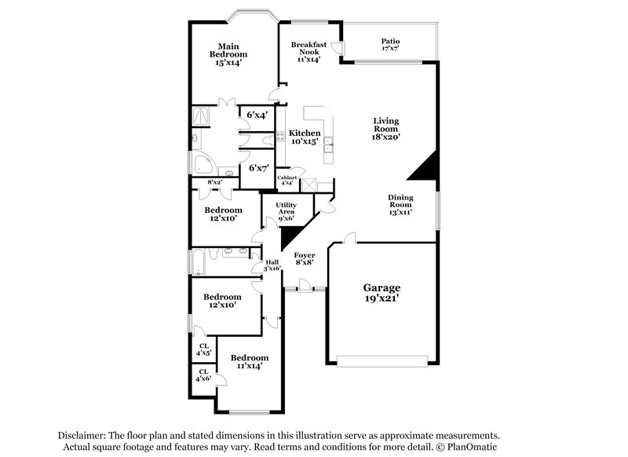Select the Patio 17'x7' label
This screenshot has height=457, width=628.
tap(390, 46)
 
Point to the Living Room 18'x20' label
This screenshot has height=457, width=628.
tap(386, 128)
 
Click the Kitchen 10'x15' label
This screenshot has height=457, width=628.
tap(304, 138)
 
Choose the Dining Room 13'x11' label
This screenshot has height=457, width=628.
tap(400, 205)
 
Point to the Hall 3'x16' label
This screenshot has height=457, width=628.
tap(272, 265)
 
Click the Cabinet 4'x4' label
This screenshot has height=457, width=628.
tap(286, 181)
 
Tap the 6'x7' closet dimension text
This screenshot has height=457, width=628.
tap(259, 168)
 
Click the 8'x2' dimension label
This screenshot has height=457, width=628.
tap(214, 182)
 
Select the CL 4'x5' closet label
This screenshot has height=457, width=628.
tap(204, 349)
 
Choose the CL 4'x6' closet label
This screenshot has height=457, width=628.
tap(204, 375)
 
